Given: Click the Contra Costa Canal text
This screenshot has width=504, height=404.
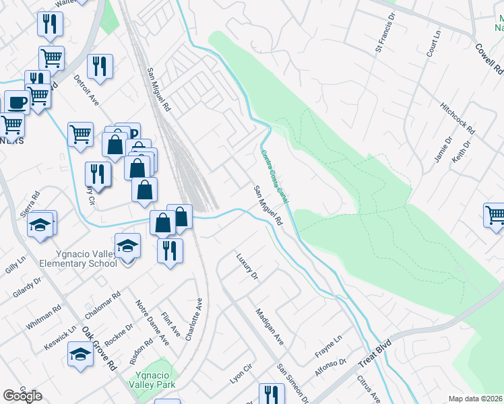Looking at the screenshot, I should click(275, 177).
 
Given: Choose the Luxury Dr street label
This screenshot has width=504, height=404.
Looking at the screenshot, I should click(247, 265).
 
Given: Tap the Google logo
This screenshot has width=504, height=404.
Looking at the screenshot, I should click(23, 396).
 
